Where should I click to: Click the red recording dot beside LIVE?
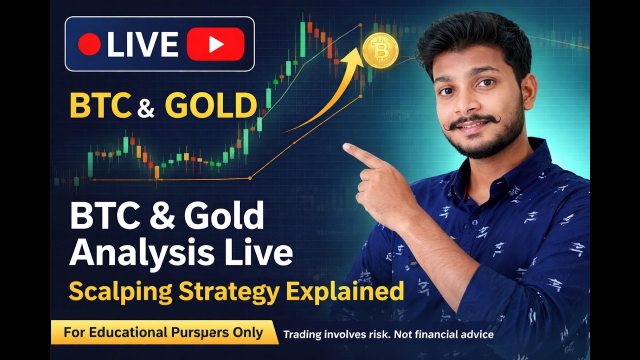(x=89, y=44)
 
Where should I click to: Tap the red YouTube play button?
(x=215, y=44)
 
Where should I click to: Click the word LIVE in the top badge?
(x=143, y=44)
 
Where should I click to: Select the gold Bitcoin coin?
(x=380, y=51)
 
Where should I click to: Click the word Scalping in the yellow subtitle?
(x=120, y=292)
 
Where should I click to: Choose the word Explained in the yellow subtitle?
(x=345, y=291)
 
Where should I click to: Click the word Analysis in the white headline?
(x=141, y=252)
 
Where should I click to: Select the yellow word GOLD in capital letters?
(x=211, y=105)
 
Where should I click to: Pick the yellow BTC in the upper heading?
(x=101, y=105)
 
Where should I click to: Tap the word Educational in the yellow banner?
(x=128, y=332)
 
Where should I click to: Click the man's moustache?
(x=471, y=121)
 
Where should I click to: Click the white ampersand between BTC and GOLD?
(x=145, y=108)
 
